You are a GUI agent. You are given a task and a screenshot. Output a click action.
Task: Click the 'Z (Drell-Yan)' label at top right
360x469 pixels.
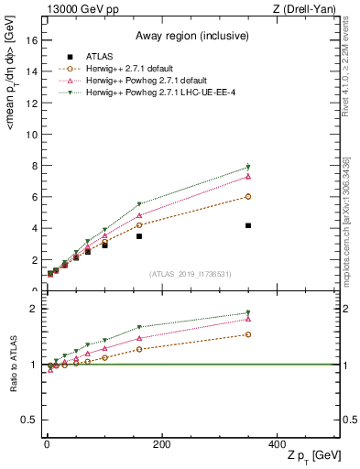(308, 9)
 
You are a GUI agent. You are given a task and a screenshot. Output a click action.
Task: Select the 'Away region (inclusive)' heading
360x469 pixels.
(191, 36)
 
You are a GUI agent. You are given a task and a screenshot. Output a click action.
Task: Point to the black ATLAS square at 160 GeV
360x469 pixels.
(139, 236)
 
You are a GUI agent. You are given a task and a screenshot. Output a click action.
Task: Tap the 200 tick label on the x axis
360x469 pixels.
(161, 443)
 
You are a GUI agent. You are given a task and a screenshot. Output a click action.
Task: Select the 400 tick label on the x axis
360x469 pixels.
(277, 443)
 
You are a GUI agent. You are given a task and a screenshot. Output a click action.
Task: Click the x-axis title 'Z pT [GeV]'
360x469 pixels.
(313, 455)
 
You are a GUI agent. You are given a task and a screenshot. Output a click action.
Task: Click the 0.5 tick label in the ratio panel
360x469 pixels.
(29, 420)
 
